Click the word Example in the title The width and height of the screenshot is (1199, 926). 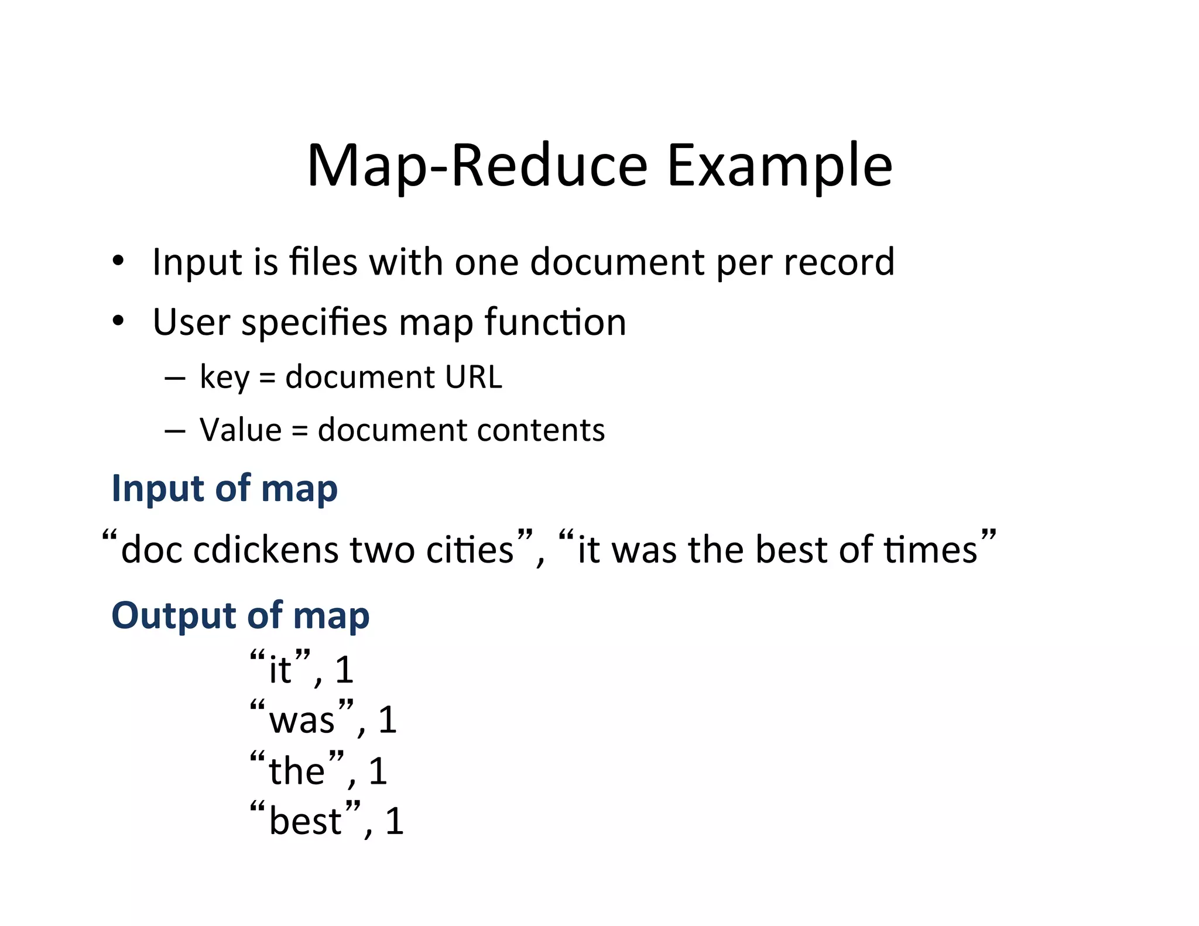[779, 167]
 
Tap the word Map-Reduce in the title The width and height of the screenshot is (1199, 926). [477, 167]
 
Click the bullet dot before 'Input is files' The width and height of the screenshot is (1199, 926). [119, 261]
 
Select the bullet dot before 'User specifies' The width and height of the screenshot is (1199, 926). [119, 321]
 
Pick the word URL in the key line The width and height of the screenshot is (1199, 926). [473, 376]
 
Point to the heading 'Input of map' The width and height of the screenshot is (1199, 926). [225, 488]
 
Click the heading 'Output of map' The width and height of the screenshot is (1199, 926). [241, 616]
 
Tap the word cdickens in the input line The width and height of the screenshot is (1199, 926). [266, 550]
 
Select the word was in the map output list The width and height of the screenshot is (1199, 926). [302, 720]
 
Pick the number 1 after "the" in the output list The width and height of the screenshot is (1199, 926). [378, 771]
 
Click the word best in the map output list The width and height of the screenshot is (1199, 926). [305, 821]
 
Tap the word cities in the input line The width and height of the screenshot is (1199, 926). [470, 550]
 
